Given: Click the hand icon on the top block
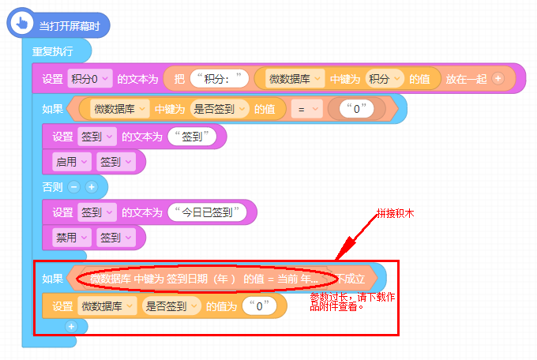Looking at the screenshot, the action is click(x=21, y=25).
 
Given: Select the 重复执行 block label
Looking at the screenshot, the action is click(x=52, y=51).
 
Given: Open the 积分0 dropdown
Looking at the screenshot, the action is click(x=90, y=78).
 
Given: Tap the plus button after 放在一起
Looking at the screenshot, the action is click(x=498, y=78).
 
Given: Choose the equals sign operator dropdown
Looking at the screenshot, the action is click(x=307, y=109).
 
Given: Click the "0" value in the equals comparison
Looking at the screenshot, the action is click(x=357, y=109).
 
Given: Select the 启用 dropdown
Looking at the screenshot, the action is click(x=70, y=162).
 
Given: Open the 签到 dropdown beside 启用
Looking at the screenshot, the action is click(x=115, y=162).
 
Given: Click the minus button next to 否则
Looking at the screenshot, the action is click(x=74, y=187).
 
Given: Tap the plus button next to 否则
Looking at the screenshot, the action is click(x=91, y=187).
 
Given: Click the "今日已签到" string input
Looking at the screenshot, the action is click(x=207, y=212).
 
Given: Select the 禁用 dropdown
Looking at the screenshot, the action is click(x=70, y=237).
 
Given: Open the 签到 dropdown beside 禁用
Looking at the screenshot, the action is click(x=115, y=237).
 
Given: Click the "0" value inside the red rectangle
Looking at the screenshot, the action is click(x=259, y=306).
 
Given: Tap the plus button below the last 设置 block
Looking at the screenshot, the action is click(x=72, y=325).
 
